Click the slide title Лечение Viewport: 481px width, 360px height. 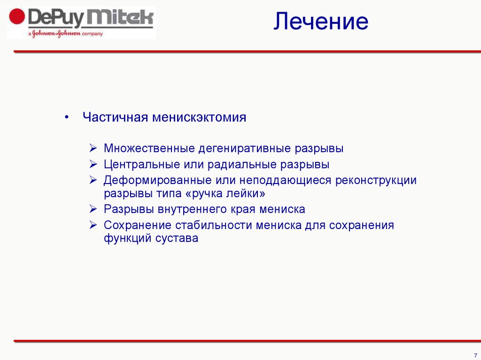tap(321, 22)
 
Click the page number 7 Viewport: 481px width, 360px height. tap(475, 355)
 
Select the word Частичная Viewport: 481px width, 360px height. tap(115, 117)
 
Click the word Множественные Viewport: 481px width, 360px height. tap(149, 149)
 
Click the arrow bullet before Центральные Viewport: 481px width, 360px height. tap(93, 165)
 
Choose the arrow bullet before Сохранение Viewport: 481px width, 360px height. tap(93, 225)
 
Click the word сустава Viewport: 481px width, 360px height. tap(177, 238)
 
